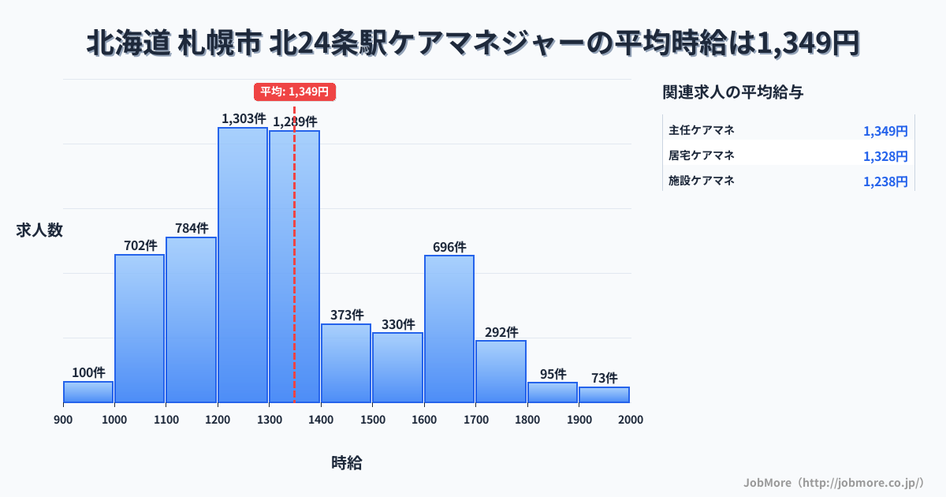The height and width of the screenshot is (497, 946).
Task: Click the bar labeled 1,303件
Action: coord(243,265)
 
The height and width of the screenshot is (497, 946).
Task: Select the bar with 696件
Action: coord(449,329)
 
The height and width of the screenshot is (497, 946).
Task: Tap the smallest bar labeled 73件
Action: coord(604,394)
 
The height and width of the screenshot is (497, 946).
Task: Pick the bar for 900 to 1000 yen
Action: coord(88,392)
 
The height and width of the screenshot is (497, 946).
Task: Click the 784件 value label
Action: coord(192,228)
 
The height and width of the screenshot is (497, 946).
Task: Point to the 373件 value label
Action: coord(347,315)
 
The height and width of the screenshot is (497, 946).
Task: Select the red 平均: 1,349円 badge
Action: coord(295,92)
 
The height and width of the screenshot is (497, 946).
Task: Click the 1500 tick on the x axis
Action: coord(372,420)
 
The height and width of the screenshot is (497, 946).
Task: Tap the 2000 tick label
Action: coord(630,420)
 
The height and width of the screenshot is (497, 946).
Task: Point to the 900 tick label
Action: coord(63,420)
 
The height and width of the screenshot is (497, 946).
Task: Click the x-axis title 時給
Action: coord(347,463)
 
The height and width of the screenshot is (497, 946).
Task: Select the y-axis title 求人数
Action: coord(39,230)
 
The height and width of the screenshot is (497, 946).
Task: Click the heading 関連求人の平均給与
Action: coord(732,92)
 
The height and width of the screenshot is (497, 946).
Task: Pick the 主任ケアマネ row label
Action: coord(701,130)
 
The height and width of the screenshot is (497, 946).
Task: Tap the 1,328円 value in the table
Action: coord(885,156)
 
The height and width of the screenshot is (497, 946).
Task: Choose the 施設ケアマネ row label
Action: coord(701,181)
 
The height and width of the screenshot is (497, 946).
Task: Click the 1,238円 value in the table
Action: coord(885,181)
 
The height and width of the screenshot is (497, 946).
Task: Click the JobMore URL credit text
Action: coord(833,482)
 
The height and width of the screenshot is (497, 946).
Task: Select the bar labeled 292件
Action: coord(501,372)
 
